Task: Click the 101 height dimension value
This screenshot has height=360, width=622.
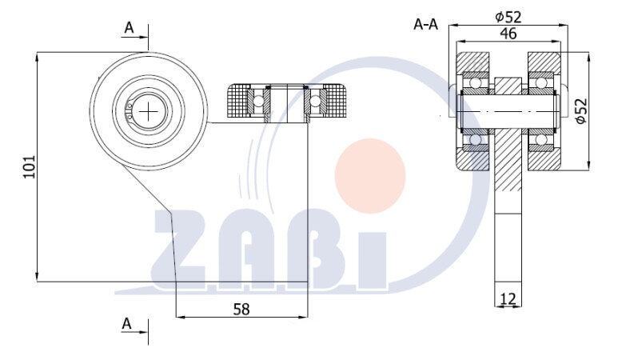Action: click(30, 166)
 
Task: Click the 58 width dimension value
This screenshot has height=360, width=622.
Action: click(241, 309)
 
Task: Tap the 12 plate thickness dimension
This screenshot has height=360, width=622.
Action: click(508, 298)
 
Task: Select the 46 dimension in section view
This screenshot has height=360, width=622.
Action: click(508, 34)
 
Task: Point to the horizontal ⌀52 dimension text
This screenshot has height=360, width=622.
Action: click(508, 17)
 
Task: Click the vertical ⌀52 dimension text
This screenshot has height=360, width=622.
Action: click(581, 111)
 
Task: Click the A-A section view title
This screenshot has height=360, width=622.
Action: click(425, 25)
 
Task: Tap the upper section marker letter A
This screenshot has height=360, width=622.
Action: click(130, 28)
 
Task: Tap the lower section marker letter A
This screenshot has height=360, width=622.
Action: click(126, 324)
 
